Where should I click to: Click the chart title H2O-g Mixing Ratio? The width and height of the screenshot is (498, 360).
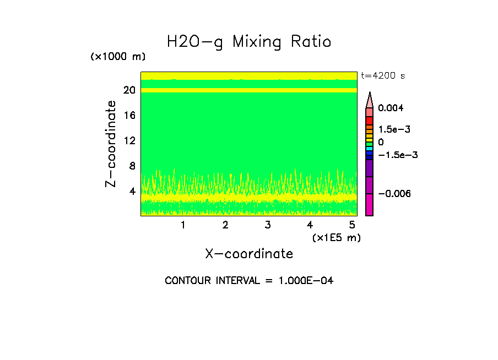[x=249, y=42]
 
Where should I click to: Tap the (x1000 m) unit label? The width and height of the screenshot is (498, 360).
[x=118, y=57]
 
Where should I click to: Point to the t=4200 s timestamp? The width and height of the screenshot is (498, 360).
[x=383, y=76]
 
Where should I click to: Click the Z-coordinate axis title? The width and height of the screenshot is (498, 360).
[x=111, y=144]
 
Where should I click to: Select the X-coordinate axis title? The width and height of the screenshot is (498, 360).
[x=249, y=254]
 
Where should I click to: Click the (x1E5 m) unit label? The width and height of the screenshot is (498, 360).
[x=336, y=237]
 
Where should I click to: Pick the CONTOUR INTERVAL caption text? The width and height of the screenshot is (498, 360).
[x=249, y=281]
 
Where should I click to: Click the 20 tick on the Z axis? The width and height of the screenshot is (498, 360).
[x=129, y=90]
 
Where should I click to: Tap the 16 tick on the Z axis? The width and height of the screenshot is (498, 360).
[x=129, y=116]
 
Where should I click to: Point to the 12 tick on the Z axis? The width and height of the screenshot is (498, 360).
[x=129, y=141]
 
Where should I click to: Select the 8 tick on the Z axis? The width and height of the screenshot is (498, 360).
[x=132, y=166]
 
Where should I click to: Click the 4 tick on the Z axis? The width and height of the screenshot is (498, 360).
[x=132, y=192]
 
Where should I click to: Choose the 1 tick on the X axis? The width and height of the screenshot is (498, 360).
[x=183, y=225]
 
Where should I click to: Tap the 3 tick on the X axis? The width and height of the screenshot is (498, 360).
[x=268, y=225]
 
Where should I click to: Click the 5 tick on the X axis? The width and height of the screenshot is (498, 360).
[x=352, y=225]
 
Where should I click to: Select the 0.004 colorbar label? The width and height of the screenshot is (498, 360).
[x=391, y=108]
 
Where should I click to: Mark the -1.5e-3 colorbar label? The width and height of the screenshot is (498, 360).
[x=398, y=155]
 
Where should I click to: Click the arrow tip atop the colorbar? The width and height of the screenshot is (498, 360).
[x=370, y=94]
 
